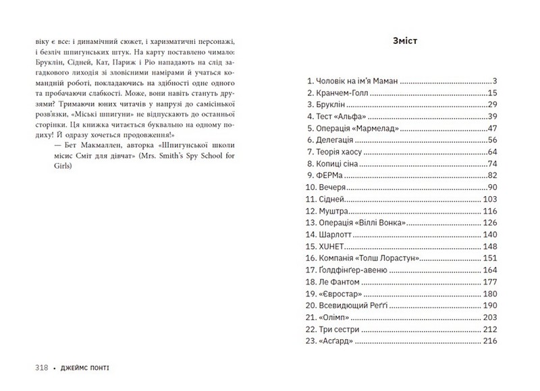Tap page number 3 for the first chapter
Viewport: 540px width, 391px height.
click(495, 80)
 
